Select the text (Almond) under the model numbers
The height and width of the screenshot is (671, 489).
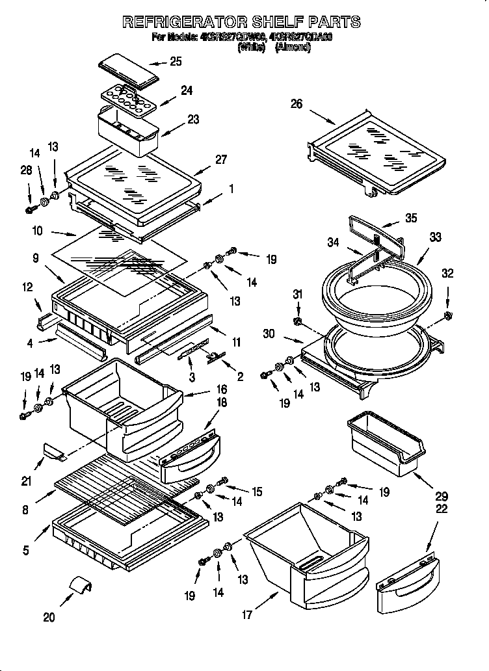click(x=293, y=47)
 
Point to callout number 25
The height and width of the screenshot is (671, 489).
click(x=176, y=62)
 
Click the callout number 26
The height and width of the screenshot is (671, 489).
click(x=297, y=104)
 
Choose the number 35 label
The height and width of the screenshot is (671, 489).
click(x=410, y=218)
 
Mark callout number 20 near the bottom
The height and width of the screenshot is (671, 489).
click(x=49, y=617)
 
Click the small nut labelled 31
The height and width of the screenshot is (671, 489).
click(x=298, y=322)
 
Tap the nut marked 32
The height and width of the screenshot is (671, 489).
click(x=448, y=317)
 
